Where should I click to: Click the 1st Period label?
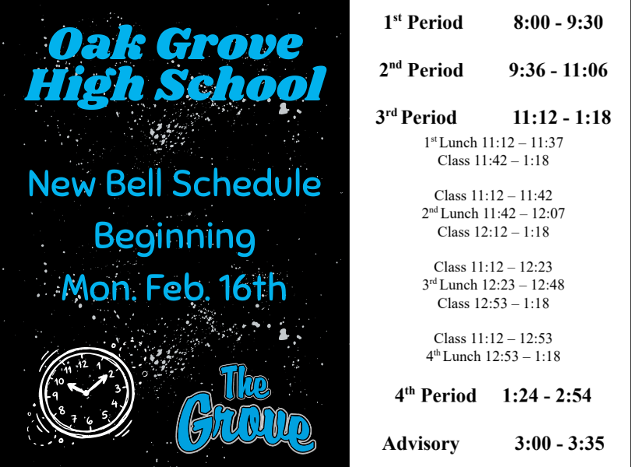[x=423, y=23]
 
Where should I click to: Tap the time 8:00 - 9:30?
[x=558, y=23]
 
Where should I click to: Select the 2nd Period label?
[x=421, y=70]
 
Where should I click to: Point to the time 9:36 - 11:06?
[x=558, y=70]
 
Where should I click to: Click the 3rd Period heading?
[x=416, y=118]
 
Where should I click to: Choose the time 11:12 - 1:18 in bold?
[x=562, y=118]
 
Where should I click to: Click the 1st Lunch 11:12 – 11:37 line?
[x=493, y=143]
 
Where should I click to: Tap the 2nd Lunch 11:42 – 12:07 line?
[x=493, y=213]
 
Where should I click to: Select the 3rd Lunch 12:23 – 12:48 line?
[x=493, y=285]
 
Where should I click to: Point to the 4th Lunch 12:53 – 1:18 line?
[x=493, y=356]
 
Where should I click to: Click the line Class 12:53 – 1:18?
[x=493, y=303]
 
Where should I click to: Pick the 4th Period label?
[x=435, y=395]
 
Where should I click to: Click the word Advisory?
[x=421, y=444]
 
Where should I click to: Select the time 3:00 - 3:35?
[x=559, y=444]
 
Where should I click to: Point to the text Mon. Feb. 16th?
[x=174, y=289]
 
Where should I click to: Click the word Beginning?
[x=174, y=236]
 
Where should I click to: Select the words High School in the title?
[x=174, y=84]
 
